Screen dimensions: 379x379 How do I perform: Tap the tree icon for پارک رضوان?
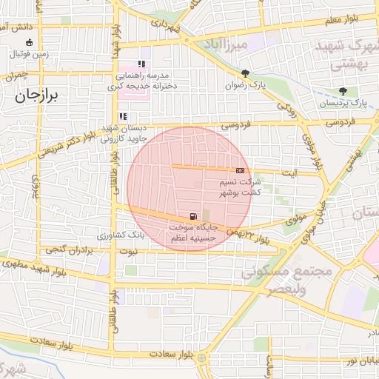[245, 73]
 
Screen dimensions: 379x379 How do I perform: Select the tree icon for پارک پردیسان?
[342, 91]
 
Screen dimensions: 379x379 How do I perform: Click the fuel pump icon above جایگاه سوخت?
[193, 209]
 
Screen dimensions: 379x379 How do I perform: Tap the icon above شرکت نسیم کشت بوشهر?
[239, 170]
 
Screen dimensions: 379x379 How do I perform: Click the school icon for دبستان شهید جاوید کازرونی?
[123, 115]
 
